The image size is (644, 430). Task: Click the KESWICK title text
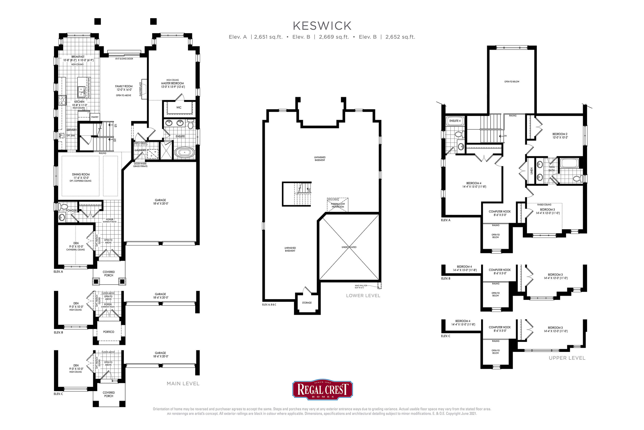click(322, 26)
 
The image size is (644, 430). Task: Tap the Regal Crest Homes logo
click(322, 389)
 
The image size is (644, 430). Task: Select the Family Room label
click(124, 88)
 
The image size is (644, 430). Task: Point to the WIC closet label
click(179, 107)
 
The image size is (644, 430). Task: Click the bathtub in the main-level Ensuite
click(185, 152)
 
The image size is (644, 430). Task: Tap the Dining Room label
click(81, 176)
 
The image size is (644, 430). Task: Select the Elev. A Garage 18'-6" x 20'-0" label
click(161, 202)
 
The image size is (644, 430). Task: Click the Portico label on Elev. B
click(109, 332)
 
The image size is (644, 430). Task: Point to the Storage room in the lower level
click(307, 303)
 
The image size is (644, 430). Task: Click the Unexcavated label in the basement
click(349, 247)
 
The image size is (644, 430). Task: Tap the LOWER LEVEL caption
click(363, 296)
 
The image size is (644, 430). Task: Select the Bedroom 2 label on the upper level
click(560, 136)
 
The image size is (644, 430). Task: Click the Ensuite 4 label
click(455, 121)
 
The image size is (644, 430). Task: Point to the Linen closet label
click(531, 171)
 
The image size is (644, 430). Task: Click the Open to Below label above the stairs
click(512, 81)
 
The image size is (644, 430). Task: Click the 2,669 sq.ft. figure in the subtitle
click(334, 37)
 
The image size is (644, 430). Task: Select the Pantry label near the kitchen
click(95, 117)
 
